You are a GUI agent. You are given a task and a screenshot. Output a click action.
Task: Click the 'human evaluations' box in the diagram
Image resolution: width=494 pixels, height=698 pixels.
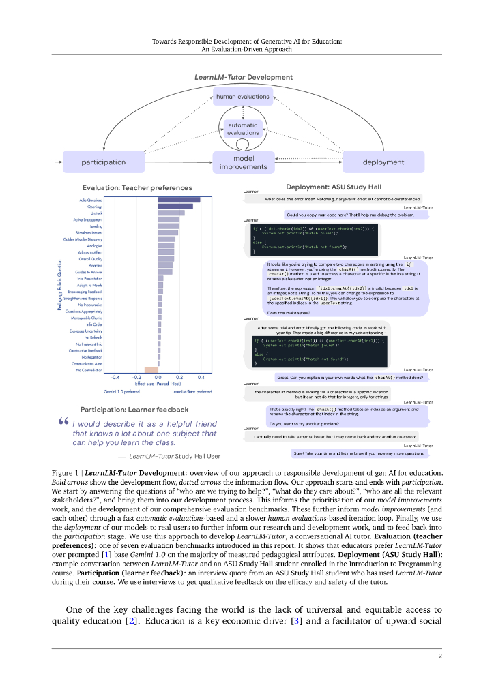coord(243,97)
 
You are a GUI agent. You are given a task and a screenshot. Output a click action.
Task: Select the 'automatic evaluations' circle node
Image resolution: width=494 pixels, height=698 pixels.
coord(243,129)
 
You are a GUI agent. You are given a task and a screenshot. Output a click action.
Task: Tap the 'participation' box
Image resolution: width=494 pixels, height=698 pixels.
coord(104,162)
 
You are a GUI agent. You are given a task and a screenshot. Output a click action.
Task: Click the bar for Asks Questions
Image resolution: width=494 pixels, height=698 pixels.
coord(179,200)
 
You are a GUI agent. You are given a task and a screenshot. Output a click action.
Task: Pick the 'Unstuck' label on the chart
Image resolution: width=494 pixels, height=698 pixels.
coord(96,213)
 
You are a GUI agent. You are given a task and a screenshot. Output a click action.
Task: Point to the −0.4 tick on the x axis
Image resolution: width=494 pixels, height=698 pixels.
coord(115,377)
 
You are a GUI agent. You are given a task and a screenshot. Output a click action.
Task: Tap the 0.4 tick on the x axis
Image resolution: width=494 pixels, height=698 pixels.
coord(201,377)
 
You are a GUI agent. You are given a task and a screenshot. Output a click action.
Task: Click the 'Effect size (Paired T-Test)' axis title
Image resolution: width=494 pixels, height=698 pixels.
coord(158,383)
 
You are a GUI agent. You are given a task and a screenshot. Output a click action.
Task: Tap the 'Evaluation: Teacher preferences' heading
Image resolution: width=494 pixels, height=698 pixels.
coord(137,187)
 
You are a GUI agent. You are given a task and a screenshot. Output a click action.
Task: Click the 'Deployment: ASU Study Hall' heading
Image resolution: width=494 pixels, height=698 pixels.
coord(328,187)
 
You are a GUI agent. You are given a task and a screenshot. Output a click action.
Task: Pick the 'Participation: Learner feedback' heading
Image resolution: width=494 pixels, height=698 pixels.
coord(134,410)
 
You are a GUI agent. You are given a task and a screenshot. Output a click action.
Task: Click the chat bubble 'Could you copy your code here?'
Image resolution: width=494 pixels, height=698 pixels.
coord(354,215)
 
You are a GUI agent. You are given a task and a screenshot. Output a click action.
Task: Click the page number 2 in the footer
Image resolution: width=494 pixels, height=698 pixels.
coord(440,656)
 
